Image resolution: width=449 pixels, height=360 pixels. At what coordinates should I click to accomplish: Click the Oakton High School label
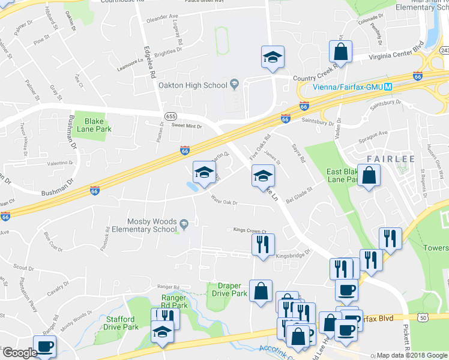[x=193, y=85]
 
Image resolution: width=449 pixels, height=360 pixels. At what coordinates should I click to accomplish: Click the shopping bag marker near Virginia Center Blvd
[x=341, y=53]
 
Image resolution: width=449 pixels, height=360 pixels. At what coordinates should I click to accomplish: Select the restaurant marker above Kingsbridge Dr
[x=262, y=244]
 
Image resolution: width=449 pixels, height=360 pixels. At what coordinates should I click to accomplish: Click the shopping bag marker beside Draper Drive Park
[x=261, y=292]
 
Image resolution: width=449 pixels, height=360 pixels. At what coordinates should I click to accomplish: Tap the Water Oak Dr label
[x=224, y=202]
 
